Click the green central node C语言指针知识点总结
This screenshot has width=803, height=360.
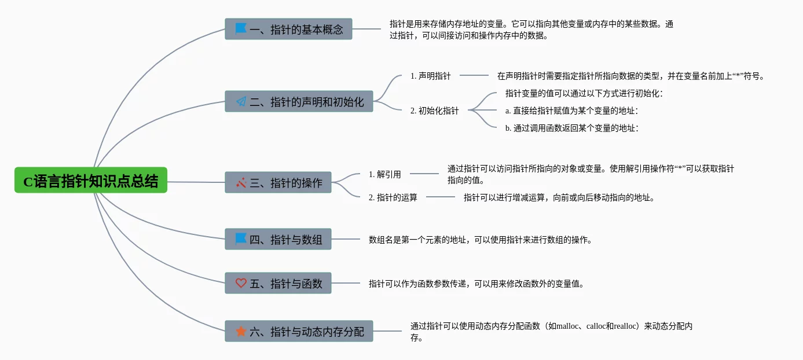click(90, 181)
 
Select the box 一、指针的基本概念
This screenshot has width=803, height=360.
click(288, 29)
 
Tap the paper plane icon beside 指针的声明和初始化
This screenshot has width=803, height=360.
click(241, 101)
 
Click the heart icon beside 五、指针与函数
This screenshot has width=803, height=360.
click(241, 283)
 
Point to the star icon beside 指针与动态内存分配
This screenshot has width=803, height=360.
click(241, 331)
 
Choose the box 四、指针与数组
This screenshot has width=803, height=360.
click(278, 239)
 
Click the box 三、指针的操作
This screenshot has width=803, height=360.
click(278, 182)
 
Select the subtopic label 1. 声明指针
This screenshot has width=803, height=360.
click(430, 76)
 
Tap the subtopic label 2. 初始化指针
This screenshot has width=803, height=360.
click(434, 111)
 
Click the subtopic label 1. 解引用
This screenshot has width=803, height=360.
click(385, 174)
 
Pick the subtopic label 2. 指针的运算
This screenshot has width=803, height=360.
click(393, 197)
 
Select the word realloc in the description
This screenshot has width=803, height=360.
click(622, 326)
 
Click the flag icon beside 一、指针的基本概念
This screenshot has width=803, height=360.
click(241, 28)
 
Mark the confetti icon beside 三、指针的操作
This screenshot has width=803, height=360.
click(241, 182)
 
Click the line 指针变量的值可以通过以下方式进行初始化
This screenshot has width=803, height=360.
click(584, 93)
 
